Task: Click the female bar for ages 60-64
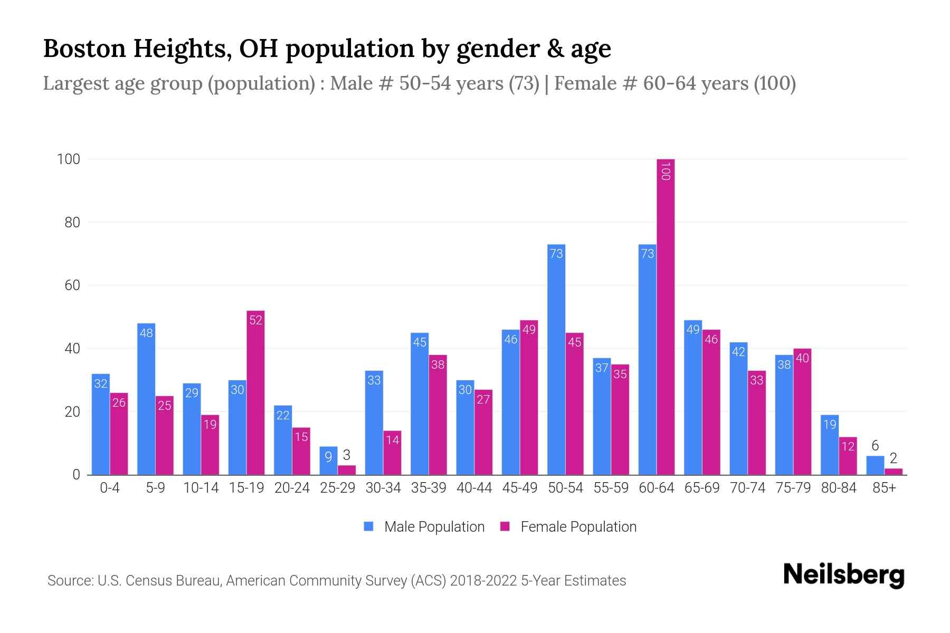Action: click(x=666, y=316)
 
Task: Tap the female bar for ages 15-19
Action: click(x=255, y=393)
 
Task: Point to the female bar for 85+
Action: click(x=894, y=472)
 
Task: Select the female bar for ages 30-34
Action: click(x=392, y=453)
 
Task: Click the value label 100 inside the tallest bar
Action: click(x=666, y=171)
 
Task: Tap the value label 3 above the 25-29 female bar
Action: click(x=347, y=455)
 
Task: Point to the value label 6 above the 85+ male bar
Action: click(x=875, y=446)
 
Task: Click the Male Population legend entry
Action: click(x=424, y=527)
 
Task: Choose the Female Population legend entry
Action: click(x=568, y=527)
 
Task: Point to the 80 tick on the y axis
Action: click(x=72, y=223)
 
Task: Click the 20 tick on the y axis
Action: click(x=72, y=412)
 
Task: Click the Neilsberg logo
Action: click(x=843, y=576)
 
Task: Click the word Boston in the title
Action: click(x=84, y=49)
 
